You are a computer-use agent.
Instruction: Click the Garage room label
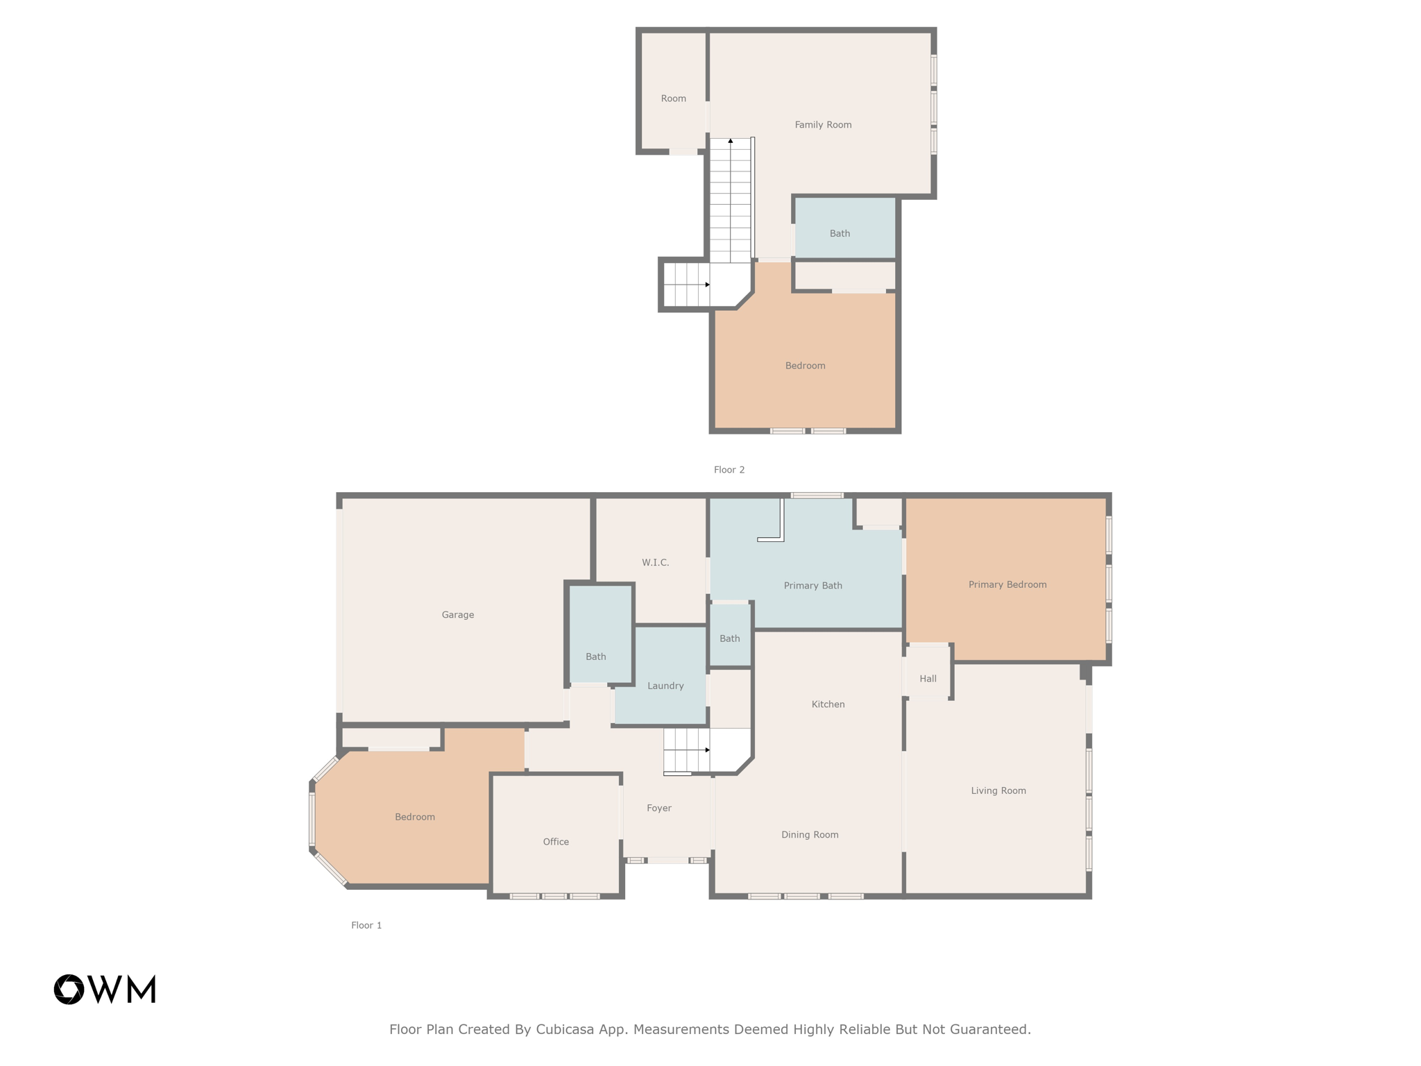(458, 615)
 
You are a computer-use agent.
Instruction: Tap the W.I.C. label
(655, 563)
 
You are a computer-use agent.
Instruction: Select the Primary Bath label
(812, 586)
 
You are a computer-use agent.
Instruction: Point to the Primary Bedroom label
(1007, 584)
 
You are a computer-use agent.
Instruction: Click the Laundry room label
(665, 686)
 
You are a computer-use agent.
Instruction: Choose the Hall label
(928, 679)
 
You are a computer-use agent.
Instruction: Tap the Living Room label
(998, 790)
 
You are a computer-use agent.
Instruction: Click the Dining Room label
(810, 835)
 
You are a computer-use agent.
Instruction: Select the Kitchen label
(828, 704)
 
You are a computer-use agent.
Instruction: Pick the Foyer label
(658, 808)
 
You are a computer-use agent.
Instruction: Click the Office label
(556, 842)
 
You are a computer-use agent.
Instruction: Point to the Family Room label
(823, 125)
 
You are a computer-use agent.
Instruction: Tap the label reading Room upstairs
(673, 99)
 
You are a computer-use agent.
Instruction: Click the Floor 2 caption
(729, 470)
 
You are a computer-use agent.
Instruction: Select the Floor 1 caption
(366, 925)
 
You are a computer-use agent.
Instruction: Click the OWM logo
(105, 990)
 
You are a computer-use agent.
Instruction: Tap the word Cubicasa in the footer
(564, 1029)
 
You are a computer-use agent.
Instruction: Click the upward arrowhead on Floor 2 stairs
(731, 141)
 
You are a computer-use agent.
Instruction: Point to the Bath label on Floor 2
(840, 233)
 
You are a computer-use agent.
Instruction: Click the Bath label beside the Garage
(595, 657)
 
